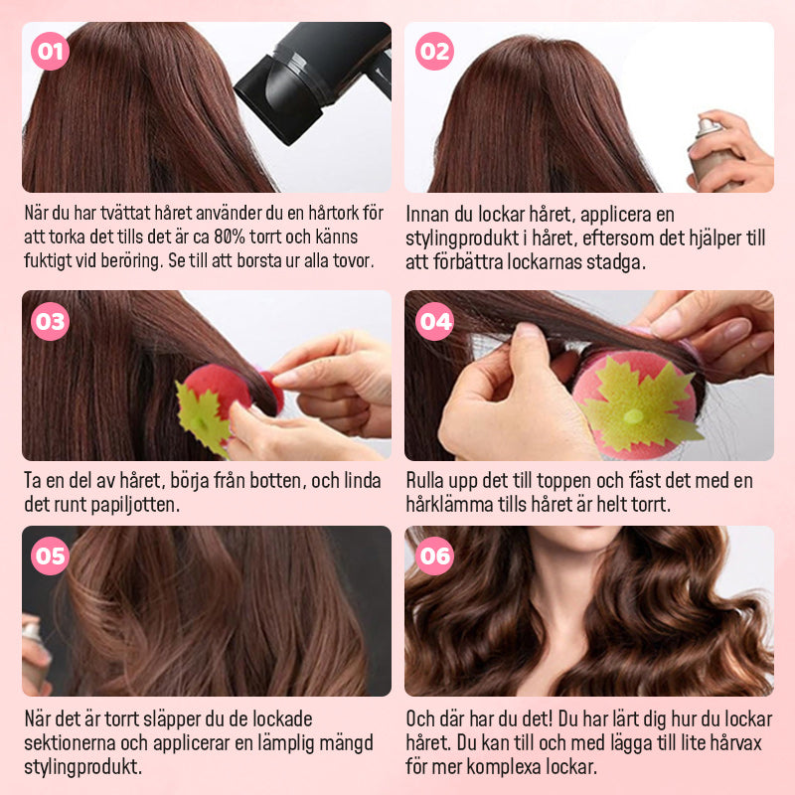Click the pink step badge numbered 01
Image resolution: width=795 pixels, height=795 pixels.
(x=50, y=52)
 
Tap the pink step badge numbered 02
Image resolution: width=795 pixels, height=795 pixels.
(x=434, y=52)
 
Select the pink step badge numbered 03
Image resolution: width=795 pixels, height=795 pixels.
(x=50, y=321)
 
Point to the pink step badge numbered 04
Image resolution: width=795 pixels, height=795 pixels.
(x=434, y=321)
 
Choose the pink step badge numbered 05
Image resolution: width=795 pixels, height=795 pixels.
(x=50, y=556)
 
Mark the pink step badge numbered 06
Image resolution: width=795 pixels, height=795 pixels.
(x=434, y=556)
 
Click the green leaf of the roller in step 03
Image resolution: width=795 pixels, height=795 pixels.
(x=202, y=416)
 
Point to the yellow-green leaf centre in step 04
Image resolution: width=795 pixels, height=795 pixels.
(x=633, y=416)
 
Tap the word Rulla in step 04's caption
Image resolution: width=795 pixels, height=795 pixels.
(x=423, y=480)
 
